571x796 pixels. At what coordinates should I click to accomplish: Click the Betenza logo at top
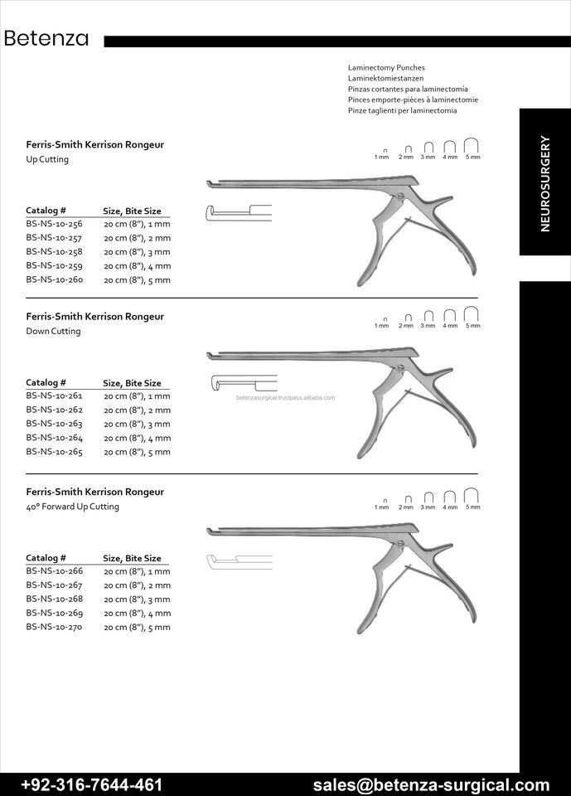[46, 39]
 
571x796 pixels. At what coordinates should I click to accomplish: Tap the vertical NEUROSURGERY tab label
[544, 183]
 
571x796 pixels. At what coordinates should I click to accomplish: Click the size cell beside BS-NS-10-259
[137, 265]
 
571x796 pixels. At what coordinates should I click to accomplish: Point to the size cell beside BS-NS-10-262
[137, 410]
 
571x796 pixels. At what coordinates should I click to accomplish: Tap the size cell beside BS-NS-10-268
[137, 599]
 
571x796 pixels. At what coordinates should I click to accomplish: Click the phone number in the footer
[91, 784]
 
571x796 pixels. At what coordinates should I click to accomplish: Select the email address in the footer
[431, 784]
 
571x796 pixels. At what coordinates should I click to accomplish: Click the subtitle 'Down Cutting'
[53, 331]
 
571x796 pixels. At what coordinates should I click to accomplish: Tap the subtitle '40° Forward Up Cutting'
[72, 507]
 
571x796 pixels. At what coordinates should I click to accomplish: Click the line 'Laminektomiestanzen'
[385, 78]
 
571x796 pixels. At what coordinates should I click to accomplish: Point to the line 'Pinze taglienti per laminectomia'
[402, 110]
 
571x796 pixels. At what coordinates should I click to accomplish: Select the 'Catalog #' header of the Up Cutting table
[46, 211]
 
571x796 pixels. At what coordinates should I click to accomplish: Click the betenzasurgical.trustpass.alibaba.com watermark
[285, 397]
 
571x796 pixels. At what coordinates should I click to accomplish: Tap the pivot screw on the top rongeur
[401, 197]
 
